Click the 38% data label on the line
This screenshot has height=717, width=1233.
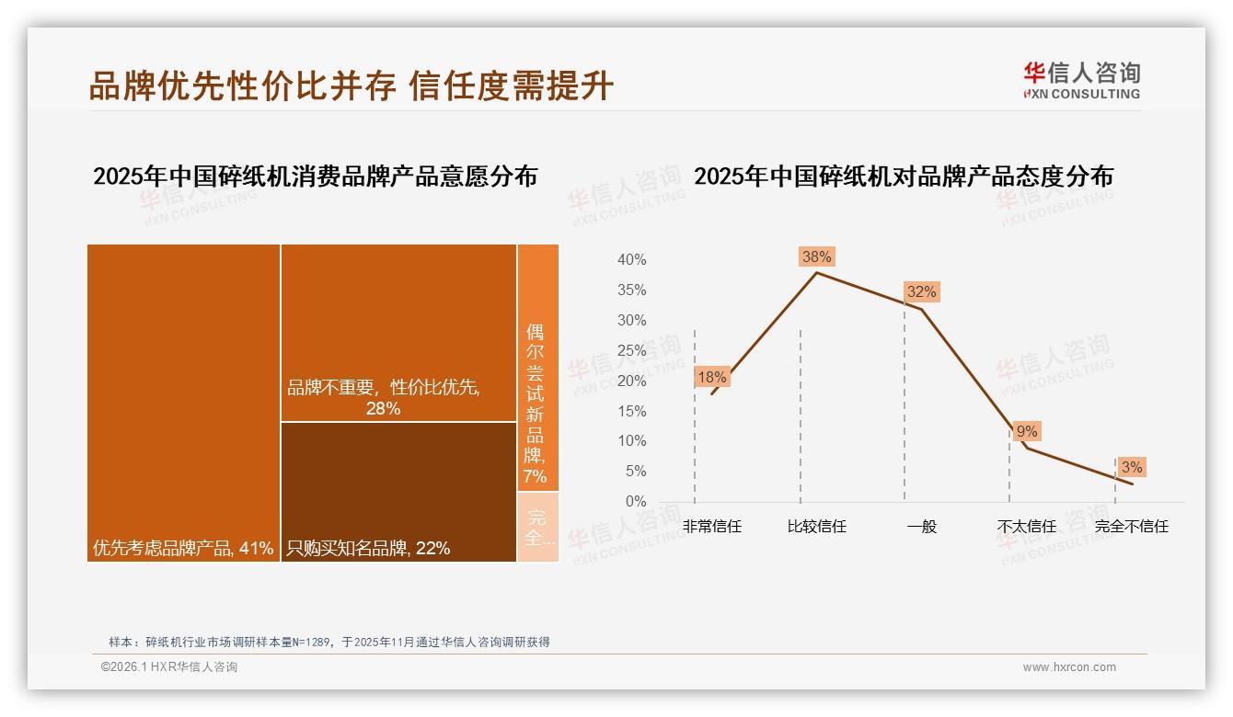click(x=816, y=256)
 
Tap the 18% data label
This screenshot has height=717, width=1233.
click(x=711, y=377)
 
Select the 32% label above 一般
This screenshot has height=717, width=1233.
click(x=921, y=292)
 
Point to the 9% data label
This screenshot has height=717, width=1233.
click(x=1027, y=431)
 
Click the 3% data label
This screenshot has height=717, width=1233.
click(x=1132, y=467)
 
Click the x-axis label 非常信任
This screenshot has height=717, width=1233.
click(x=711, y=527)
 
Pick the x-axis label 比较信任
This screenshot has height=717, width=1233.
click(x=816, y=527)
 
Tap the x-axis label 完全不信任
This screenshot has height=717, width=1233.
click(x=1131, y=527)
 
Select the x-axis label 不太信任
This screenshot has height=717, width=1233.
click(x=1026, y=527)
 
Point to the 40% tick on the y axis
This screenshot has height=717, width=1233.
click(x=631, y=260)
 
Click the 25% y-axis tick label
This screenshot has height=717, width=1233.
click(x=631, y=350)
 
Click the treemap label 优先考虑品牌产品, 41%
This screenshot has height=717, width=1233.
click(x=183, y=548)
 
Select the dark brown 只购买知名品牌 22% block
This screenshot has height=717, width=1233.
click(x=398, y=492)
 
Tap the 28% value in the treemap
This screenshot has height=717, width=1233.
click(x=383, y=408)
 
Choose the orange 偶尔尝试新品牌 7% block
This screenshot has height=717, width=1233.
click(x=537, y=368)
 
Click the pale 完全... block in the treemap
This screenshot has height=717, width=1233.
click(x=538, y=528)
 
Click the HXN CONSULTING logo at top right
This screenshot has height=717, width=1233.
click(x=1081, y=81)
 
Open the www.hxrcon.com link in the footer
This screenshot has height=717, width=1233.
click(x=1069, y=667)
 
